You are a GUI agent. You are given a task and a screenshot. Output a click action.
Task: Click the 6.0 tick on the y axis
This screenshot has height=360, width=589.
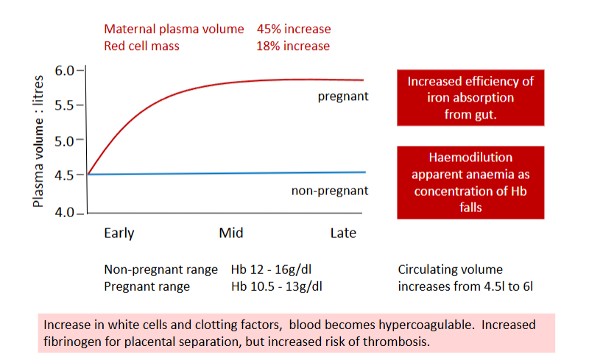pos(65,71)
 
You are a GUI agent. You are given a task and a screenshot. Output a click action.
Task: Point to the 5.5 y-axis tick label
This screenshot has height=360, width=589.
pos(65,105)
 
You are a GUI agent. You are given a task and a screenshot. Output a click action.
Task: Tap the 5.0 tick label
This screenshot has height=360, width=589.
pos(65,141)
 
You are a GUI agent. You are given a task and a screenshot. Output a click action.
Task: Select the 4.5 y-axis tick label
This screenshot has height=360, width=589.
pos(65,175)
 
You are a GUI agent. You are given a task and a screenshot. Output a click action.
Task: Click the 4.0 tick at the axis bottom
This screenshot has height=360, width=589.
pos(65,213)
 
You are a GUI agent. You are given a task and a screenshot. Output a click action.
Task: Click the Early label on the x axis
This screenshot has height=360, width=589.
pos(119,233)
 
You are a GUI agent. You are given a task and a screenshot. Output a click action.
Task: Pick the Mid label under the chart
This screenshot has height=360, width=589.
pos(231,233)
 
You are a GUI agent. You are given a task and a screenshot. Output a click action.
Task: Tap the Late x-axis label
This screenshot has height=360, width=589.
pos(343,233)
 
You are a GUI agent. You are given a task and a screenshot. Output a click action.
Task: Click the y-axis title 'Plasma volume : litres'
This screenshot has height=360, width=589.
pos(38,141)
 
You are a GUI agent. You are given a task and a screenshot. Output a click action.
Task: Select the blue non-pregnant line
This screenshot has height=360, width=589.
pos(226,173)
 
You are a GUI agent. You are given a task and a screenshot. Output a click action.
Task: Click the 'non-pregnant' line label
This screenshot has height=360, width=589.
pos(330,191)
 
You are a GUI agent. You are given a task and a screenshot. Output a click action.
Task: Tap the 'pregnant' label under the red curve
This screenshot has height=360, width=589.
pos(343,96)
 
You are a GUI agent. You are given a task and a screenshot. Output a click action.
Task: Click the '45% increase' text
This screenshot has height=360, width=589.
pos(294,29)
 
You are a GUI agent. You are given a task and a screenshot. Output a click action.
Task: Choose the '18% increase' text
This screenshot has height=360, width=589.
pos(293,46)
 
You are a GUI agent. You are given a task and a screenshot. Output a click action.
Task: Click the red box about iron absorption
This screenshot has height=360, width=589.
pos(470,98)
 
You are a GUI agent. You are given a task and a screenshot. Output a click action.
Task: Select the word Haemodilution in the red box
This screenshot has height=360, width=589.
pos(470,157)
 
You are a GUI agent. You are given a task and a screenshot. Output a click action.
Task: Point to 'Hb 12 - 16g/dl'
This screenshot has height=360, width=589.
pos(271,269)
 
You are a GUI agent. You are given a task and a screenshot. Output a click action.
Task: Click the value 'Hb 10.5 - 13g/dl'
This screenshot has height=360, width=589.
pos(277,286)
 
